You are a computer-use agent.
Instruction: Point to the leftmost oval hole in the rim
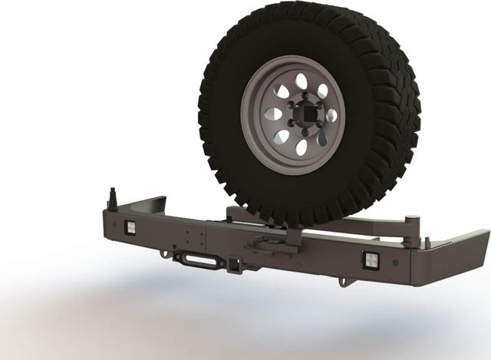270,114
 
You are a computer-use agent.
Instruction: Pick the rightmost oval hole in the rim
331,116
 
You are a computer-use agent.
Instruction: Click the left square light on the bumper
130,227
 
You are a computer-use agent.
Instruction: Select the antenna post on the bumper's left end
114,199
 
